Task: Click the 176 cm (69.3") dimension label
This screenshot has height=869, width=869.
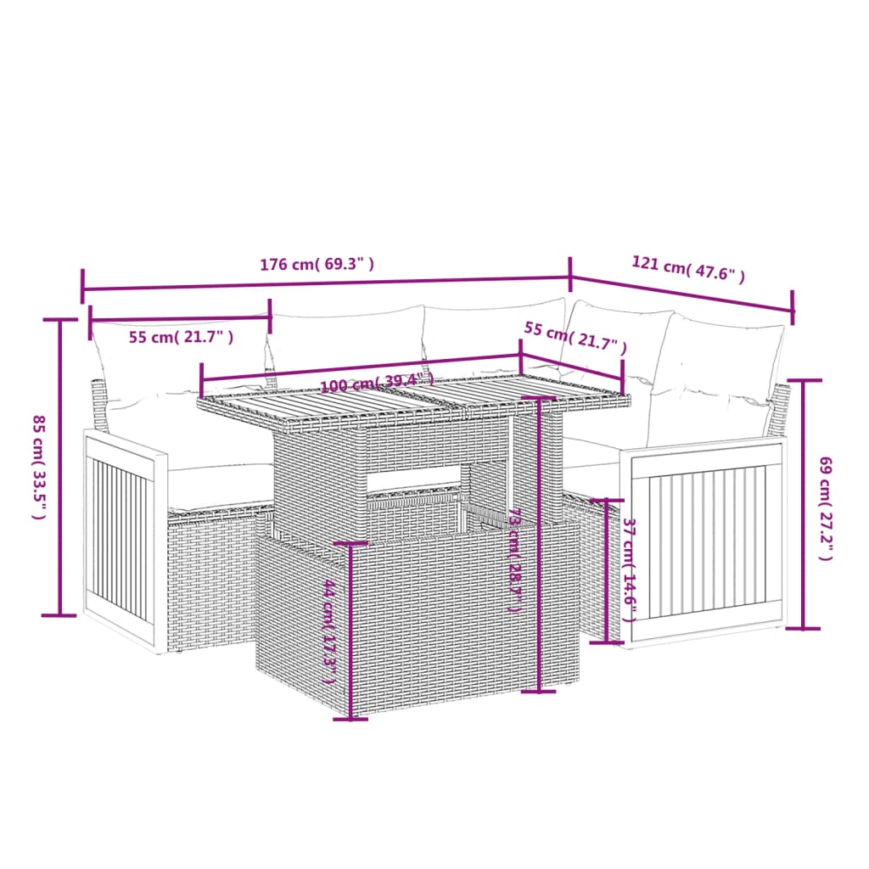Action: click(x=317, y=264)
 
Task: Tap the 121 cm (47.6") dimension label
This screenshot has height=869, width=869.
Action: click(x=688, y=269)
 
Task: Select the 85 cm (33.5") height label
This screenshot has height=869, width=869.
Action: click(x=38, y=466)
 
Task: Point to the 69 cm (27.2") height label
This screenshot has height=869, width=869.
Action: click(x=826, y=508)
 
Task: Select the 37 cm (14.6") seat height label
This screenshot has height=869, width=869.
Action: click(x=628, y=570)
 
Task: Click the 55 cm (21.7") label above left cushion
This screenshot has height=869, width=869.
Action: click(x=181, y=337)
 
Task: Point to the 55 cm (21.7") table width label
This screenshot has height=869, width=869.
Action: click(x=575, y=338)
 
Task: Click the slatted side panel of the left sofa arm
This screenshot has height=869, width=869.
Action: click(x=121, y=539)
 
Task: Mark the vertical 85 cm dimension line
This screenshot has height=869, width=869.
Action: click(x=59, y=466)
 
